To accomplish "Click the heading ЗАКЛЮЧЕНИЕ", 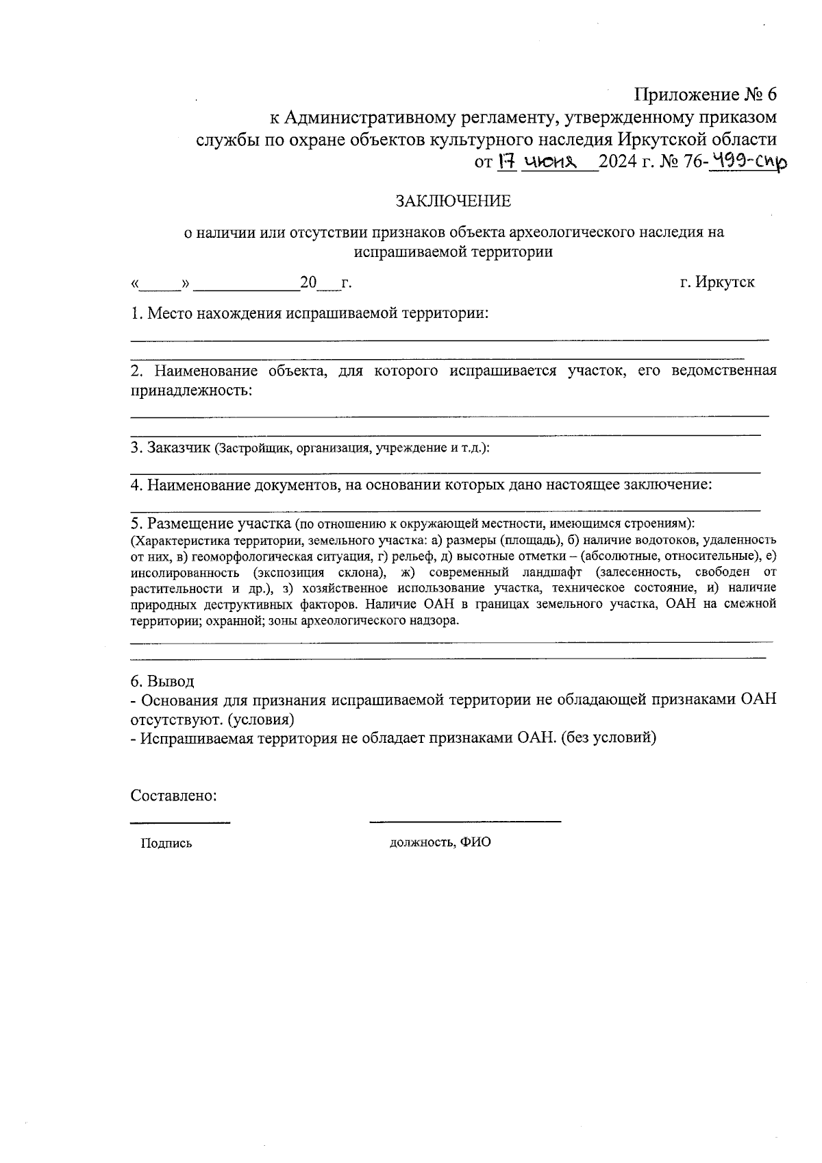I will (x=453, y=201).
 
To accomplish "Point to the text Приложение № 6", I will (x=706, y=94).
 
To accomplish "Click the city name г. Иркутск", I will (x=717, y=282).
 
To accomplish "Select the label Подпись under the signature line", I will (x=166, y=844).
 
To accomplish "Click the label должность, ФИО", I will (x=440, y=842).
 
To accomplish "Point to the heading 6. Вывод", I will (x=162, y=681).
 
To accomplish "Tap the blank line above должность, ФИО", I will (x=464, y=820).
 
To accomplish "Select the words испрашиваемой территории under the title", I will (x=453, y=252).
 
